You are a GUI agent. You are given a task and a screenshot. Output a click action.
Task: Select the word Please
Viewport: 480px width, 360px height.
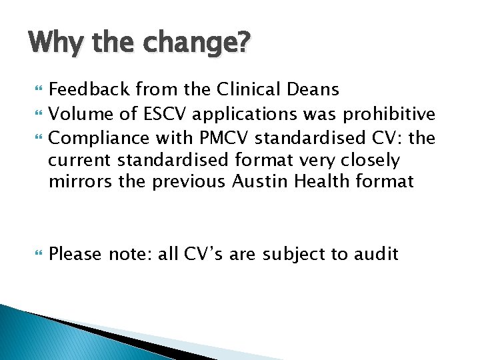75,254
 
